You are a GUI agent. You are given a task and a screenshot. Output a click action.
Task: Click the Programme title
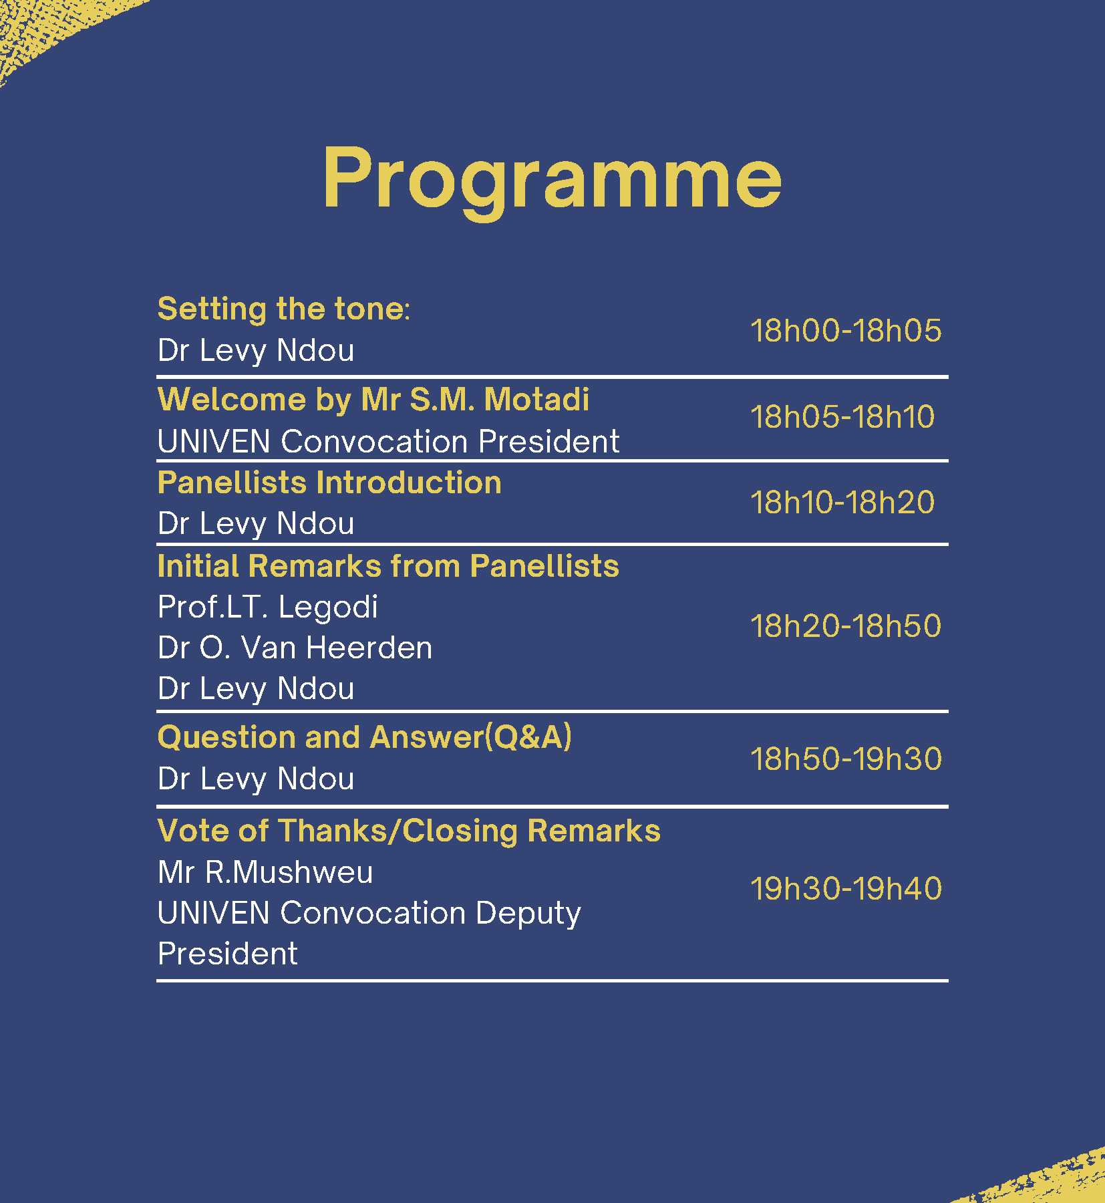click(x=552, y=179)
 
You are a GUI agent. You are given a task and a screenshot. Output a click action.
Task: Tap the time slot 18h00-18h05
click(x=846, y=330)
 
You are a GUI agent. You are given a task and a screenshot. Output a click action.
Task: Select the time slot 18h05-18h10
click(x=842, y=416)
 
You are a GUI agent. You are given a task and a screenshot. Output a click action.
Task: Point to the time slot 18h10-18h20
click(x=842, y=502)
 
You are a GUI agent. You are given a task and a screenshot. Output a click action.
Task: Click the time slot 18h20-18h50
click(x=846, y=626)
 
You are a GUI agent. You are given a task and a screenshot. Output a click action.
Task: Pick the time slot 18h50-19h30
click(x=846, y=759)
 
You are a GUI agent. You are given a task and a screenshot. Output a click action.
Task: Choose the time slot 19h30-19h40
click(x=846, y=888)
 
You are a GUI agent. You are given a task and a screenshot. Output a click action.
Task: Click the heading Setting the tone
click(x=283, y=309)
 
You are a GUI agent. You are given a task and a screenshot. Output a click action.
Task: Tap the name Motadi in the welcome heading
click(x=536, y=399)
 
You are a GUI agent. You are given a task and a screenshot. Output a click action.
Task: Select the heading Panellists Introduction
click(x=329, y=483)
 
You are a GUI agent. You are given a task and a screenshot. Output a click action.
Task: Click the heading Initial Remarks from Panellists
click(x=388, y=566)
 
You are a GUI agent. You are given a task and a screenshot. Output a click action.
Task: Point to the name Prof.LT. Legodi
click(x=268, y=607)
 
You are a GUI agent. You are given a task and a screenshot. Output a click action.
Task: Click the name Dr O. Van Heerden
click(x=295, y=648)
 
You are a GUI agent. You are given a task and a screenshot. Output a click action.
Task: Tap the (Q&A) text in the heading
click(x=528, y=737)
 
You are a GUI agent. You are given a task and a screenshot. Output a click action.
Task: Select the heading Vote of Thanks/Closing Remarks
click(x=409, y=831)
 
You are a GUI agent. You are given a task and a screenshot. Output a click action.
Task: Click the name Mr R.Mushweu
click(x=265, y=872)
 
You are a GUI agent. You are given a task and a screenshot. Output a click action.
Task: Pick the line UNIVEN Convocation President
click(x=388, y=441)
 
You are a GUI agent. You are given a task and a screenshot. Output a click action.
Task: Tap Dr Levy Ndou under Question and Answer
click(x=256, y=779)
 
